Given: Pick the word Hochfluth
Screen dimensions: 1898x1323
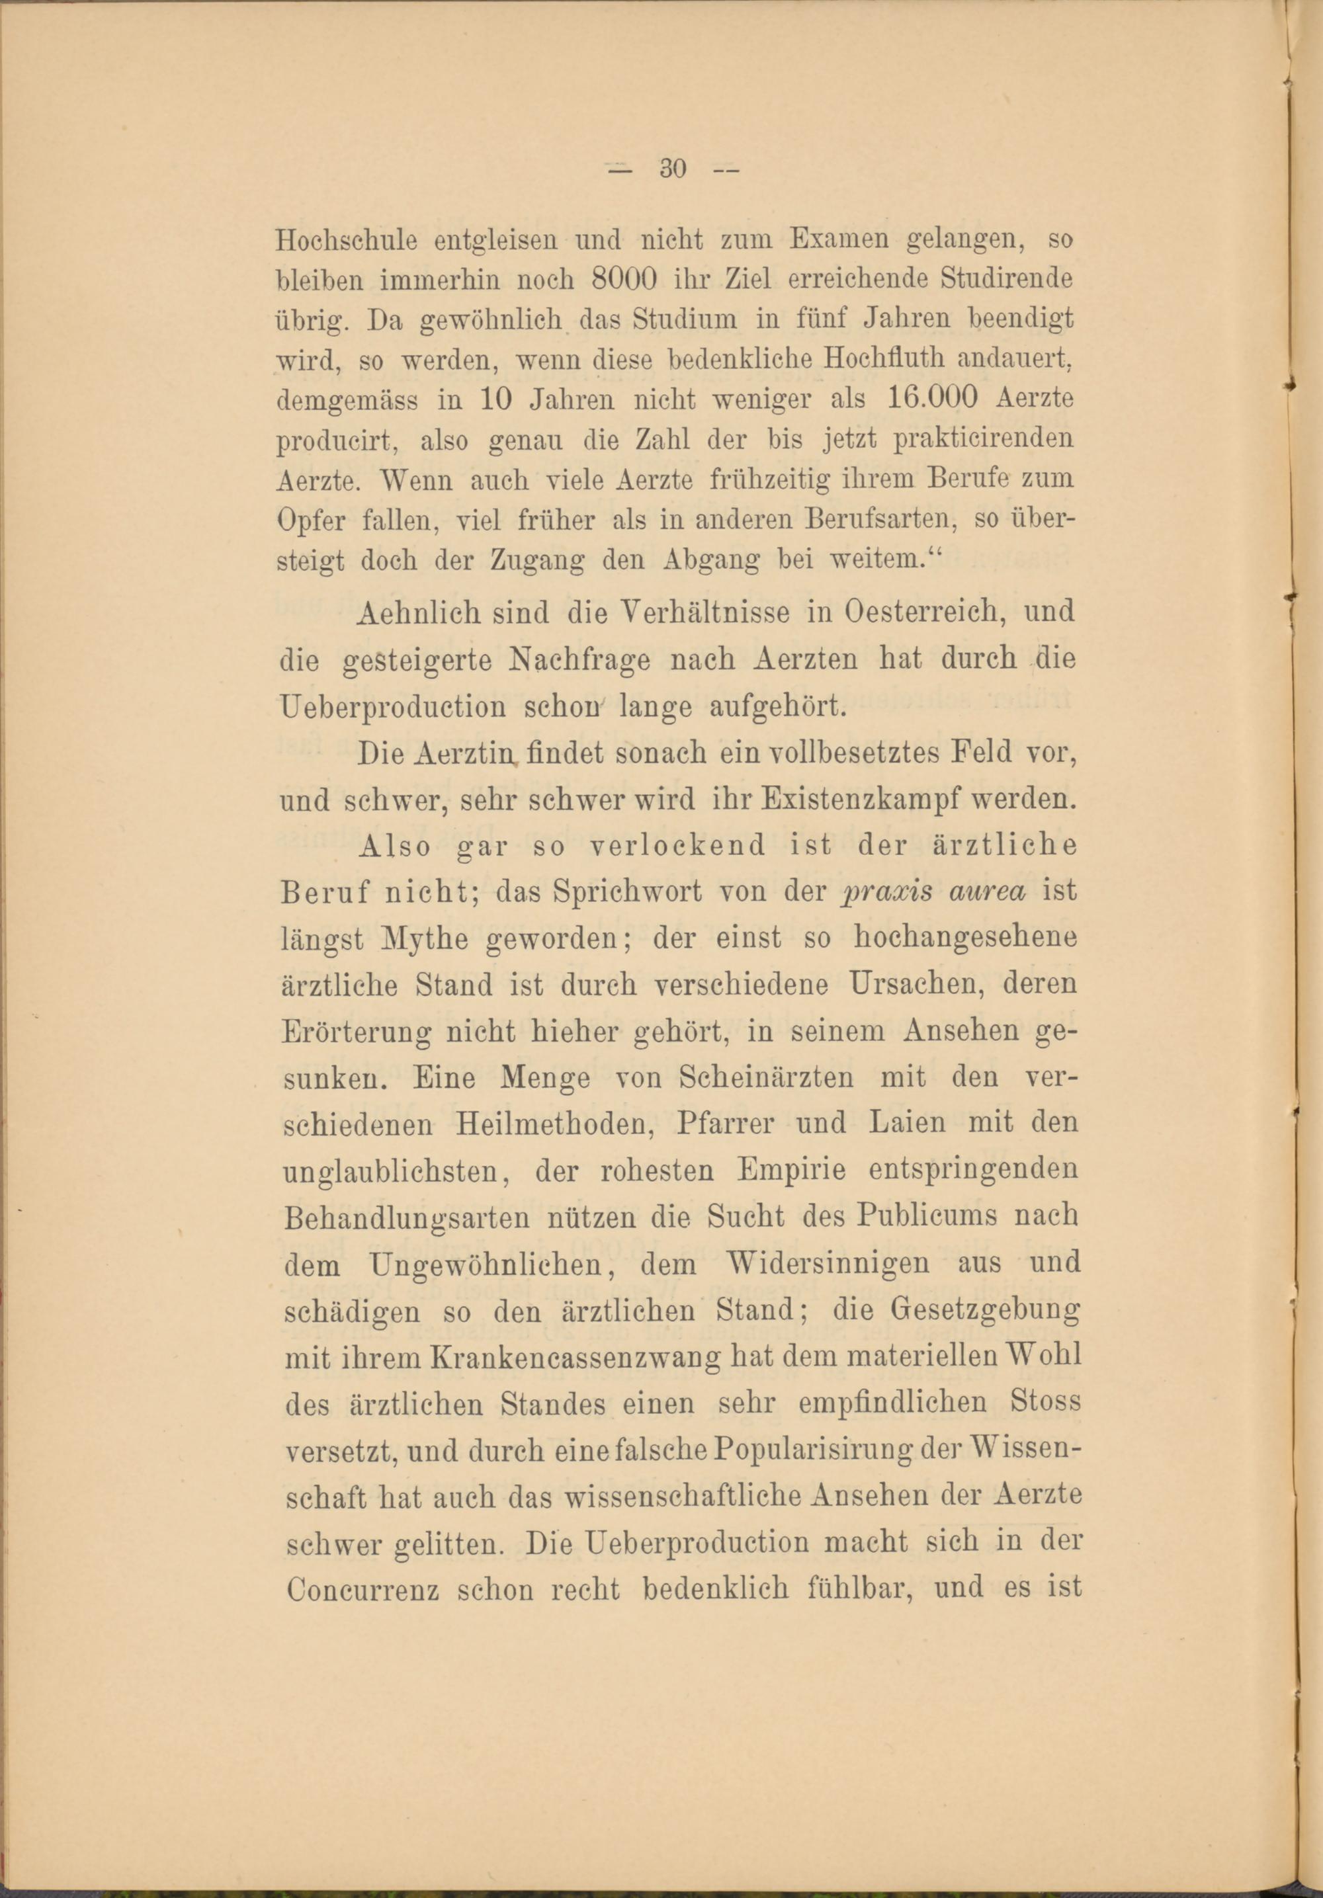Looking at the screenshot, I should (883, 360).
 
